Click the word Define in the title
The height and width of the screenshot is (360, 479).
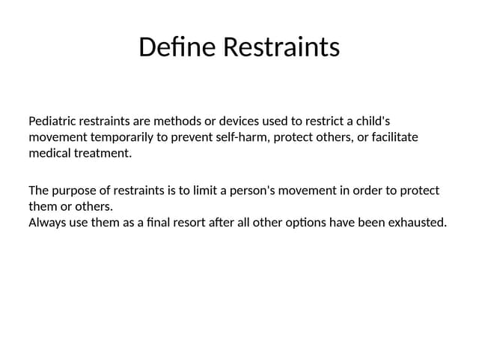(178, 47)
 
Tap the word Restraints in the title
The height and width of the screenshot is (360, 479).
(282, 47)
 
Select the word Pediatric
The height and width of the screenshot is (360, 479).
(53, 121)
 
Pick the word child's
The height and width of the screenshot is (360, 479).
(370, 121)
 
